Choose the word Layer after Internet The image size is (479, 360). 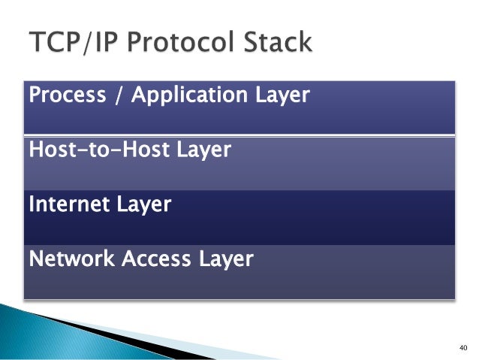(x=144, y=204)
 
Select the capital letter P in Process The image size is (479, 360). (x=35, y=95)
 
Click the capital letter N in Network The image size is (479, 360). (x=35, y=259)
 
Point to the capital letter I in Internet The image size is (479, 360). (x=31, y=204)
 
